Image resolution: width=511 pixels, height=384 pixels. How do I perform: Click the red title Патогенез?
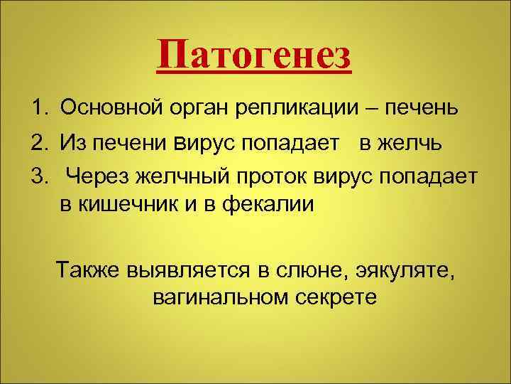[254, 56]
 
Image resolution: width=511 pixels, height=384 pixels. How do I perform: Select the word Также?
[88, 271]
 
